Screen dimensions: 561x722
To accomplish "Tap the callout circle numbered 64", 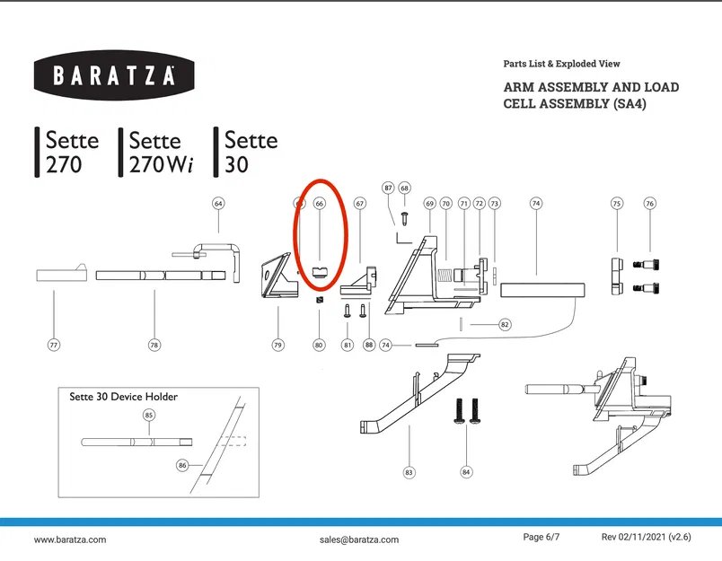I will pyautogui.click(x=218, y=204).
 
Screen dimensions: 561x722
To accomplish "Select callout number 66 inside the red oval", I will pyautogui.click(x=319, y=204).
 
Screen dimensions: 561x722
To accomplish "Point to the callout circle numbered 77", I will pyautogui.click(x=54, y=344).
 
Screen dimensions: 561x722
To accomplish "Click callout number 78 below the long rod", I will pyautogui.click(x=154, y=344).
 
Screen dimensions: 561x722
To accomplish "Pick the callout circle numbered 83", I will pyautogui.click(x=409, y=471).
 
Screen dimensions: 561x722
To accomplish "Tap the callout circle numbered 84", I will pyautogui.click(x=465, y=471).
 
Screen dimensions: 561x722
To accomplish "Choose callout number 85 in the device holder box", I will pyautogui.click(x=149, y=415).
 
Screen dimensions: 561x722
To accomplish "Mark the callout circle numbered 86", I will pyautogui.click(x=182, y=466).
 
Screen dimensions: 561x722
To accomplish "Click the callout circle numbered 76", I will pyautogui.click(x=650, y=204).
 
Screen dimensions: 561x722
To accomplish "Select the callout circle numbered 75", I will pyautogui.click(x=617, y=204).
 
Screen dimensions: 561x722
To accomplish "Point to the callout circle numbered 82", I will pyautogui.click(x=505, y=323).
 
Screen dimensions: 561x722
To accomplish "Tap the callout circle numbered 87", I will pyautogui.click(x=388, y=188).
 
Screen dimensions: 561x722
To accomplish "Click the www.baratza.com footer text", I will pyautogui.click(x=70, y=539).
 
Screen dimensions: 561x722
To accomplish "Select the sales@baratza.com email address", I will pyautogui.click(x=358, y=539).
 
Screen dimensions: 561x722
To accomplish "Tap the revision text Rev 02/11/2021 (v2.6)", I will pyautogui.click(x=646, y=537).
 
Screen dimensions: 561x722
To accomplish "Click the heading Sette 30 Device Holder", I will pyautogui.click(x=124, y=397).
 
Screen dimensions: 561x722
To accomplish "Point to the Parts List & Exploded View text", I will pyautogui.click(x=562, y=64).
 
